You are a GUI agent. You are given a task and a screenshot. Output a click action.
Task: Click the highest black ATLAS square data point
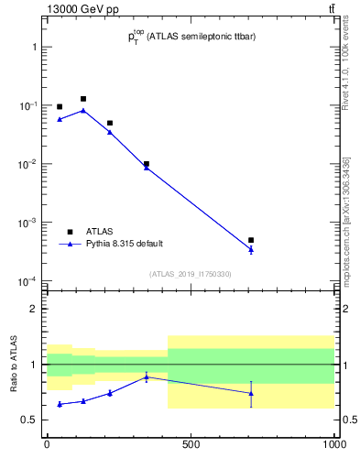[x=83, y=99]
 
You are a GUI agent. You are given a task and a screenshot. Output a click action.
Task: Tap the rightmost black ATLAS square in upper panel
[x=250, y=240]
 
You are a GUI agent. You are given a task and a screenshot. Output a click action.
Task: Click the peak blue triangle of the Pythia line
[x=83, y=110]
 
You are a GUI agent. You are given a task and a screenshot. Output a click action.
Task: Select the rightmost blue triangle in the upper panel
[x=250, y=249]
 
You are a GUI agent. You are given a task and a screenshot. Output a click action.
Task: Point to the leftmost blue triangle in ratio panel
[x=60, y=404]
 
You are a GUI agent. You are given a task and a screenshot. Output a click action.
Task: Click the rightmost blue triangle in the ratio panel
[x=250, y=393]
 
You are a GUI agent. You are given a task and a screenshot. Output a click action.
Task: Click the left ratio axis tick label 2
[x=34, y=309]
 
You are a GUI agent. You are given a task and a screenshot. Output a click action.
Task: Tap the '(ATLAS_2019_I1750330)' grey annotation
[x=191, y=274]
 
